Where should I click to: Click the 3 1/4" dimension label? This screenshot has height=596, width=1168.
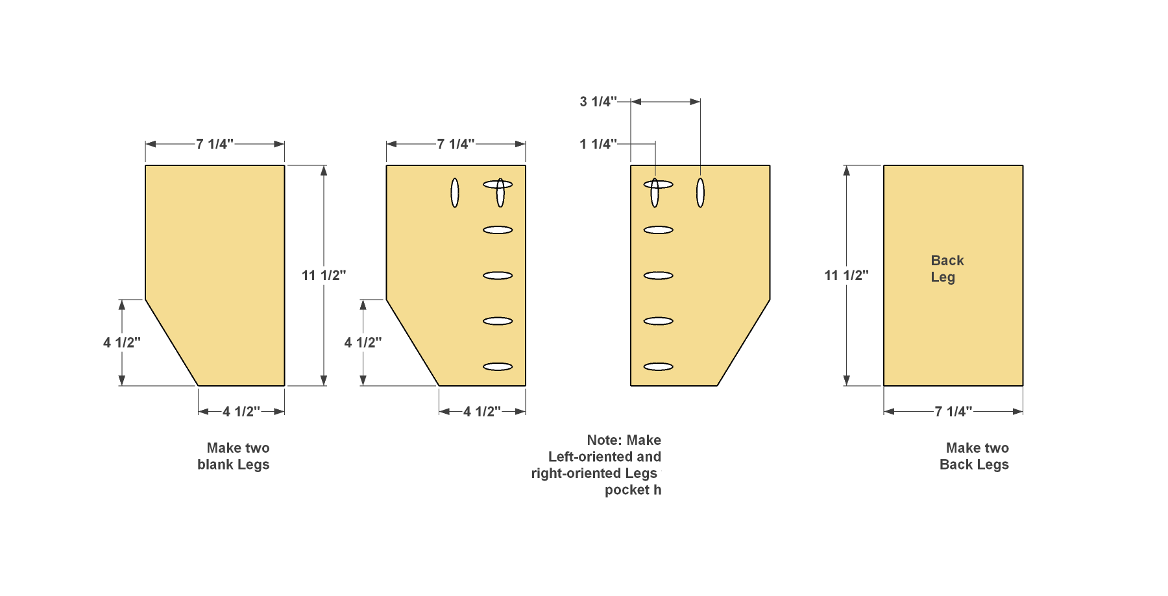click(x=598, y=102)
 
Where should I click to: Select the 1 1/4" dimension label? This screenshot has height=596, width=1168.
click(x=598, y=144)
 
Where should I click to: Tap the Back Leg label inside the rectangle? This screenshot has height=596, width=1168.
click(x=947, y=268)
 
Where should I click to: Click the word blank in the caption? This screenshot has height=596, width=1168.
click(x=215, y=464)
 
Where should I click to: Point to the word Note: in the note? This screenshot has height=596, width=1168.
click(x=604, y=440)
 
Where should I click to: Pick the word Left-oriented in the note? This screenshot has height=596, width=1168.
click(x=587, y=457)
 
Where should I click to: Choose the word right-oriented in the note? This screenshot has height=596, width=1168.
click(x=576, y=473)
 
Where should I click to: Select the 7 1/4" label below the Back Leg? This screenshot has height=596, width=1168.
click(x=953, y=411)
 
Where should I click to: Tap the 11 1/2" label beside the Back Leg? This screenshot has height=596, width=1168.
click(x=846, y=276)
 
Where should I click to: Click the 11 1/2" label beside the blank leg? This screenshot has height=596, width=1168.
click(x=324, y=276)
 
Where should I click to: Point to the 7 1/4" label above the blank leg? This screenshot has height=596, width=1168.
click(x=215, y=144)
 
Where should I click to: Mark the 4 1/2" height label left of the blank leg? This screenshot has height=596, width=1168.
click(x=122, y=342)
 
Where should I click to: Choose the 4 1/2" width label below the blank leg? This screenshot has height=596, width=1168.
click(x=241, y=411)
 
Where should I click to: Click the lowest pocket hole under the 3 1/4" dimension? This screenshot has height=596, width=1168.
click(x=659, y=367)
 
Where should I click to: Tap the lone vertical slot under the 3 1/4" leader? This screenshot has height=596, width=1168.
click(x=700, y=193)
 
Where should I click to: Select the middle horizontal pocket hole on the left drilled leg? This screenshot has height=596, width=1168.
click(x=498, y=276)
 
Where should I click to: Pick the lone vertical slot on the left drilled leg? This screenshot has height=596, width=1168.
click(x=455, y=193)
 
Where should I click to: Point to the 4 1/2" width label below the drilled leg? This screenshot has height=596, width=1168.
click(x=482, y=411)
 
